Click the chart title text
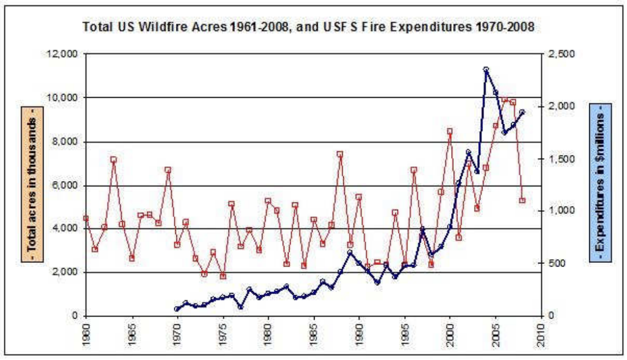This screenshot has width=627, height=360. coord(308,27)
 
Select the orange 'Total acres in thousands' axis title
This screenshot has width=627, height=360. coord(32,184)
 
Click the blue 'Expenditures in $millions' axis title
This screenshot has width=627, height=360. coord(600,183)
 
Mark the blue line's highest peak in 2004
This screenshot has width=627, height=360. coord(486,70)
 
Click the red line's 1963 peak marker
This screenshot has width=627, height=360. coord(114,159)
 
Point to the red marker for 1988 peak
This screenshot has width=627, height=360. coord(340,154)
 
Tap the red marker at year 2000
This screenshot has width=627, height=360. coord(450,131)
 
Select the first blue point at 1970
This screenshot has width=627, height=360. coord(177,309)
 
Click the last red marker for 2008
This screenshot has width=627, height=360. coord(522,200)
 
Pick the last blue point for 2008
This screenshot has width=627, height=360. coord(522,112)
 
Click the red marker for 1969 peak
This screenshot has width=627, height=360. coord(168,170)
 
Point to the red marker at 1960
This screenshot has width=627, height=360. coord(86,219)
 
